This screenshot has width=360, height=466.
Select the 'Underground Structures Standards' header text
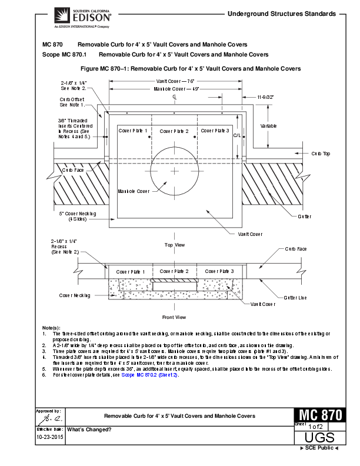coord(281,13)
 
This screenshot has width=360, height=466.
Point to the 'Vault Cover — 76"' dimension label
coord(175,81)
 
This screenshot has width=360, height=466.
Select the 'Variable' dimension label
coord(268,126)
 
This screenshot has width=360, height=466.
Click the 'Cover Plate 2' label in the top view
coord(174,131)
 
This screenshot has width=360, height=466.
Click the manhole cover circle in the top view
coord(175,170)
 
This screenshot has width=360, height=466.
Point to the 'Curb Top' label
coord(321,154)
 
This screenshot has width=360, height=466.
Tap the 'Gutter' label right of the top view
coord(304,217)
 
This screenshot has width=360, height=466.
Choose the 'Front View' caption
coord(174,317)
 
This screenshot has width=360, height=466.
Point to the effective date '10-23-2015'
coord(51,438)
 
